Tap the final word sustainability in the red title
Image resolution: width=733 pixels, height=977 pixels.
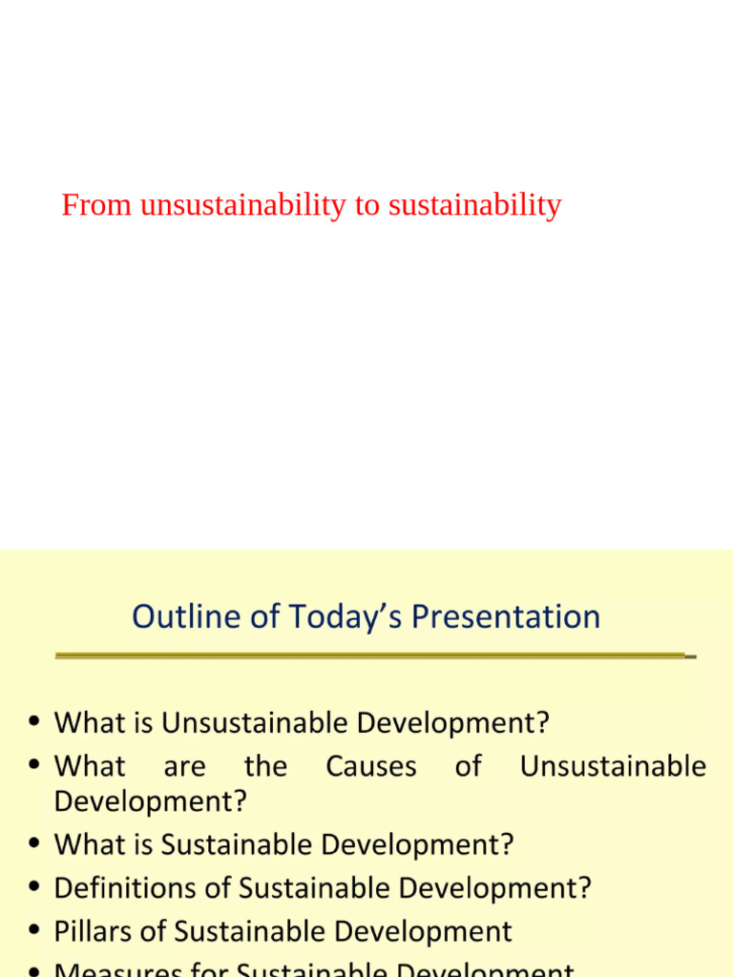[x=474, y=205]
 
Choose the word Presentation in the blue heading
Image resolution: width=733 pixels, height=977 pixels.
[x=506, y=616]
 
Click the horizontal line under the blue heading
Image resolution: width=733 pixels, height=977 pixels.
[x=372, y=655]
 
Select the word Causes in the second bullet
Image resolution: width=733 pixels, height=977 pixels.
[x=371, y=766]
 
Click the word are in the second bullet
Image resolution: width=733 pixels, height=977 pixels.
[x=184, y=766]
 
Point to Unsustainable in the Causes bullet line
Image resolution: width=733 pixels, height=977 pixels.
[x=613, y=766]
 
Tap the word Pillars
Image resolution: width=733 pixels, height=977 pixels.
[x=92, y=931]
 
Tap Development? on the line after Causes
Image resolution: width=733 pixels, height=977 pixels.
[x=150, y=801]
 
